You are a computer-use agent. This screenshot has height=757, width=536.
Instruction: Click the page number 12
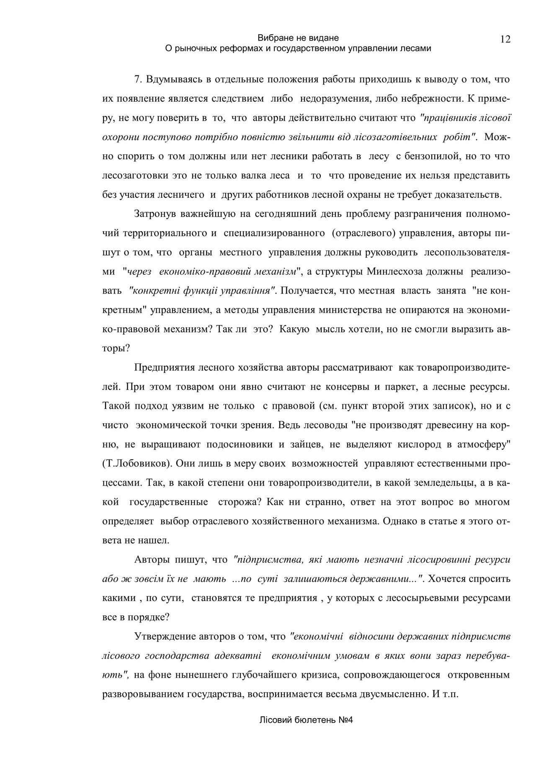point(505,39)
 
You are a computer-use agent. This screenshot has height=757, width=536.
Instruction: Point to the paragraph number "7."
point(139,79)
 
